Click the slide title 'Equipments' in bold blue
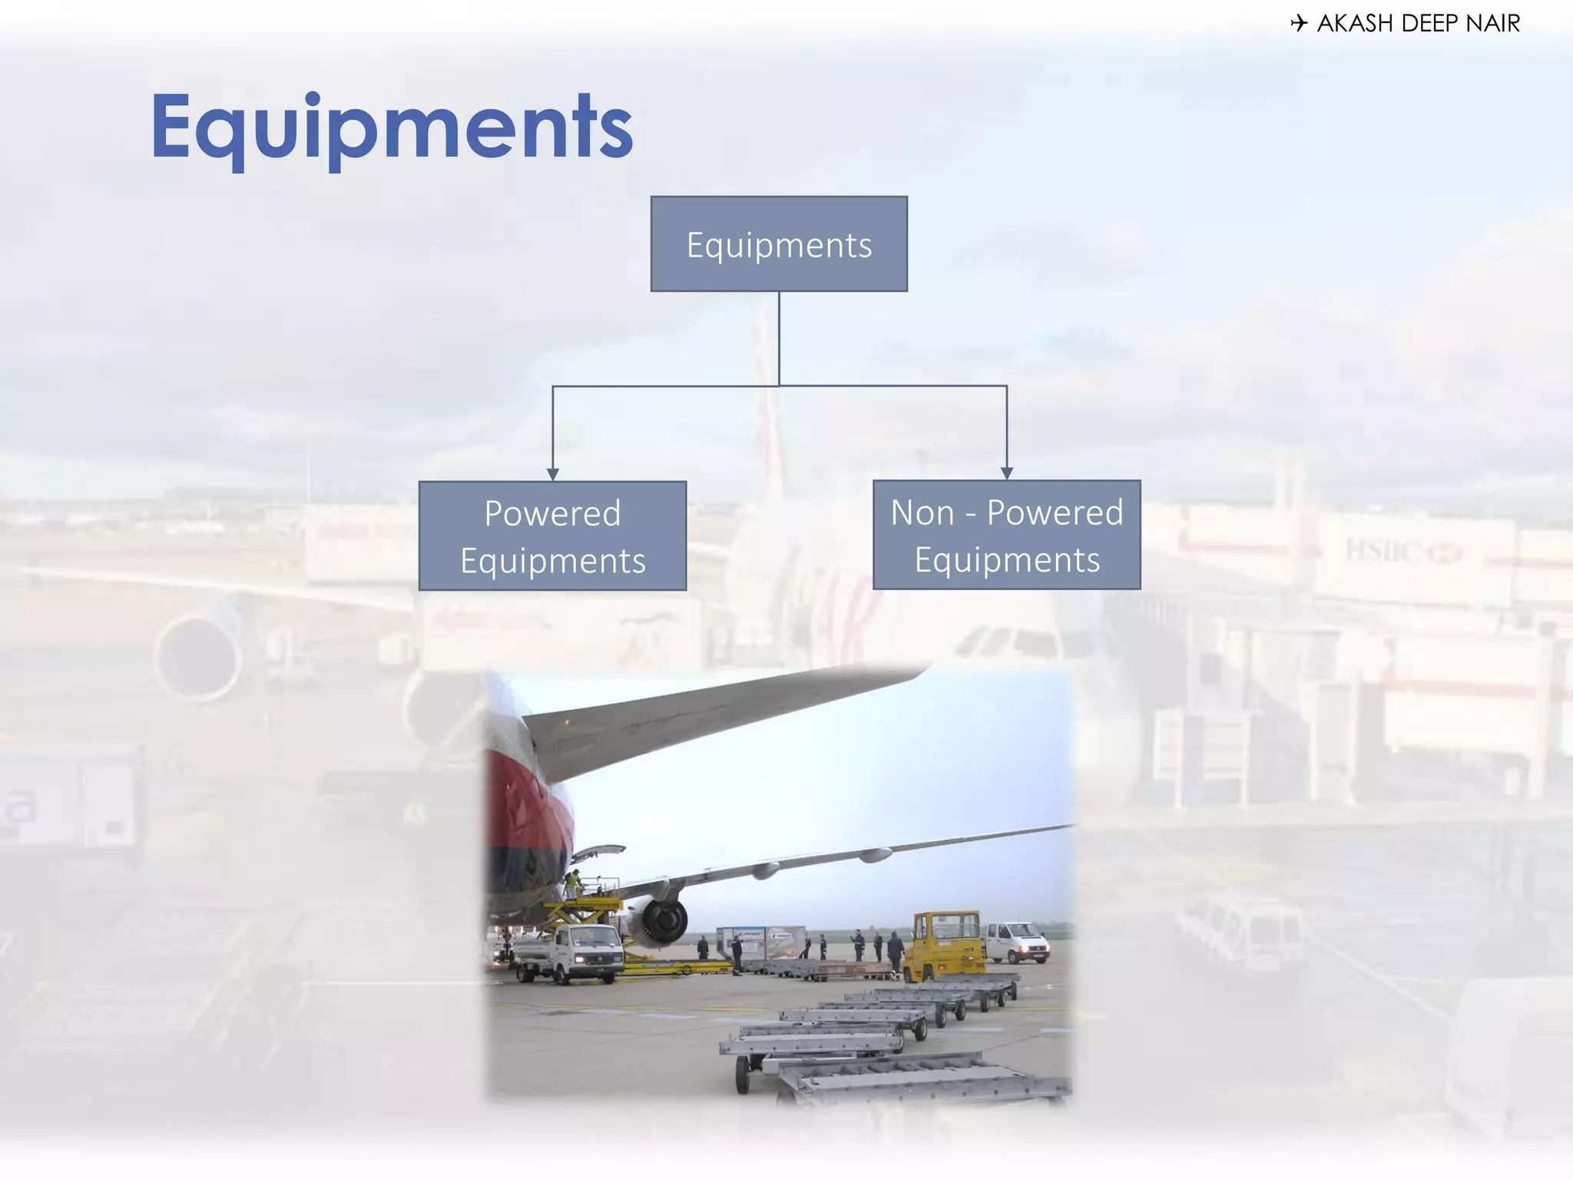(x=392, y=127)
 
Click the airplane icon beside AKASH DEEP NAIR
(x=1299, y=23)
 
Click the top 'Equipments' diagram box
(x=779, y=244)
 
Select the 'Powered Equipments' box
(x=552, y=536)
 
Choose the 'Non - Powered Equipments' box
(x=1006, y=535)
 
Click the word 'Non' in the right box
(x=922, y=512)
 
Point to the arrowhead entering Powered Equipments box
(x=552, y=474)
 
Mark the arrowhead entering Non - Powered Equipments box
(x=1006, y=473)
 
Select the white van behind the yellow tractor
(x=1016, y=942)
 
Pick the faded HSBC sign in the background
(x=1402, y=551)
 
